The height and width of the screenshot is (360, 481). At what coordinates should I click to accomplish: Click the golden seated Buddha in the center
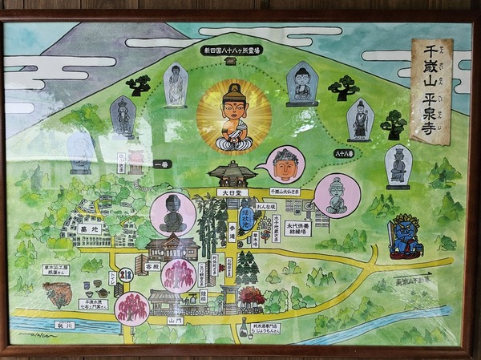(x=233, y=118)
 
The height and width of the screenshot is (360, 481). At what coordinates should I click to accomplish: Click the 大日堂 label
(x=231, y=192)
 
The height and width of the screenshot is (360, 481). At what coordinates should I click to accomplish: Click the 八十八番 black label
(x=345, y=152)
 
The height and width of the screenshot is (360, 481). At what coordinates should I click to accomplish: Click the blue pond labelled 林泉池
(x=245, y=216)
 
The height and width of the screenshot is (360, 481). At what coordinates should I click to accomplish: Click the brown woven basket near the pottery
(x=56, y=294)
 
